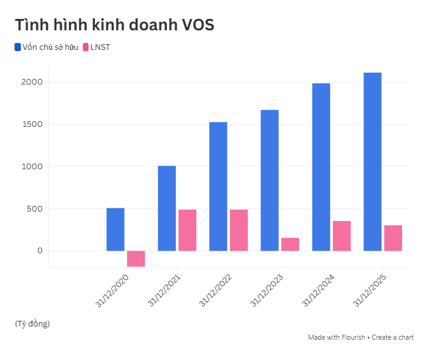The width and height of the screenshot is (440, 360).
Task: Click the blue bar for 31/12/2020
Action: point(115,229)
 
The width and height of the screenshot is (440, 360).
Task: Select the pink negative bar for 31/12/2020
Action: point(136,258)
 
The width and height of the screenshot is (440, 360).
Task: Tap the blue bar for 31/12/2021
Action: point(167,208)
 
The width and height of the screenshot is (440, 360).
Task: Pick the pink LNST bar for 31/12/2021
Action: point(187,230)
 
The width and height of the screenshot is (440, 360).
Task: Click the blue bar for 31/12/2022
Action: point(218,186)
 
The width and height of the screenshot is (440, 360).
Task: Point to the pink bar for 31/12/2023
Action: point(290,244)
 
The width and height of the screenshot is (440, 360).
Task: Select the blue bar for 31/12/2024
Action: point(321,167)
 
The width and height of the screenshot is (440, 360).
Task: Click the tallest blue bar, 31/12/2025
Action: point(372,162)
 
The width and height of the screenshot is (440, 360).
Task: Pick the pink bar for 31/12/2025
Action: point(393,238)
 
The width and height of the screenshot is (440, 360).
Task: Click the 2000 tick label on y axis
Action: point(31,82)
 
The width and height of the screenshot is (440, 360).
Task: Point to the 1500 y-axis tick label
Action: point(31,124)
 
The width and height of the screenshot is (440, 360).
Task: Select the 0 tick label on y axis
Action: point(39,251)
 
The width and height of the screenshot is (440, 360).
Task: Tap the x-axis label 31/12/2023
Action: point(266,291)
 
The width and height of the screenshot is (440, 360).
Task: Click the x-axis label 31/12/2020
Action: point(112,291)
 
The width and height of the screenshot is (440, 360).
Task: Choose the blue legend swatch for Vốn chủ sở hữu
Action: point(18,47)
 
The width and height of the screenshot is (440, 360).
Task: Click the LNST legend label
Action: point(100,47)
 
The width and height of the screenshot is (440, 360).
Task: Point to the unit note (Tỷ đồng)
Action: point(32,323)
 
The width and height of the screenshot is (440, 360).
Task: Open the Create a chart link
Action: point(393,337)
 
